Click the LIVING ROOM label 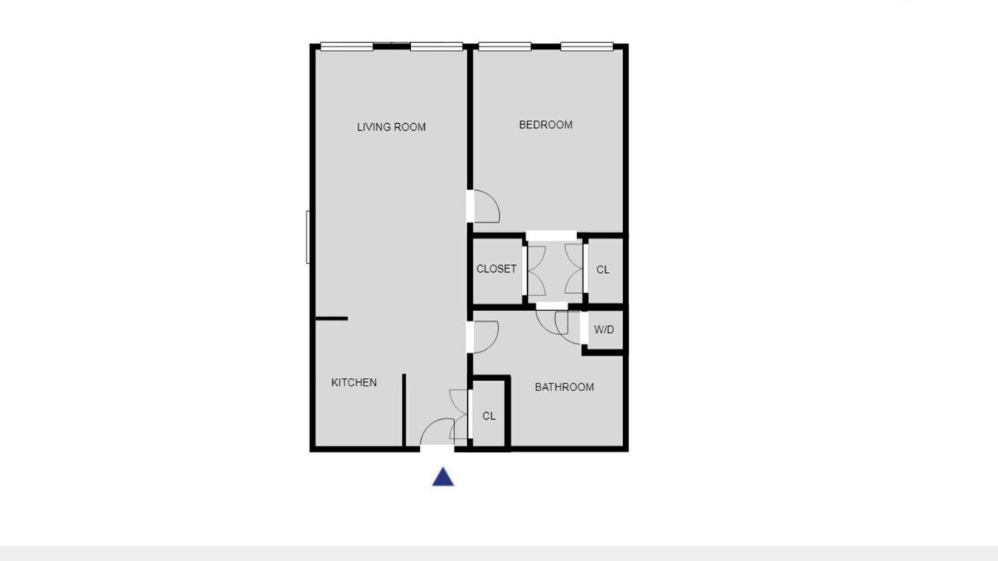pos(391,127)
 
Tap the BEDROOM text pos(546,125)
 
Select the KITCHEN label pos(354,382)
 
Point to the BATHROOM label pos(564,387)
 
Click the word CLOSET pos(497,269)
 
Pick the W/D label pos(603,330)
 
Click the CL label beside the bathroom pos(489,416)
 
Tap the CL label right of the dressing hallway pos(603,270)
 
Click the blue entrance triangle pos(443,477)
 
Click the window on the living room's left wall pos(308,238)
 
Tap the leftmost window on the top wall pos(347,46)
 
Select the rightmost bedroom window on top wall pos(587,46)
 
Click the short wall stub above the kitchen pos(331,319)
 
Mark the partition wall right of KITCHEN pos(404,410)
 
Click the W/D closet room pos(605,330)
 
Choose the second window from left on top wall pos(437,46)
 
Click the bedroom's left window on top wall pos(504,46)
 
